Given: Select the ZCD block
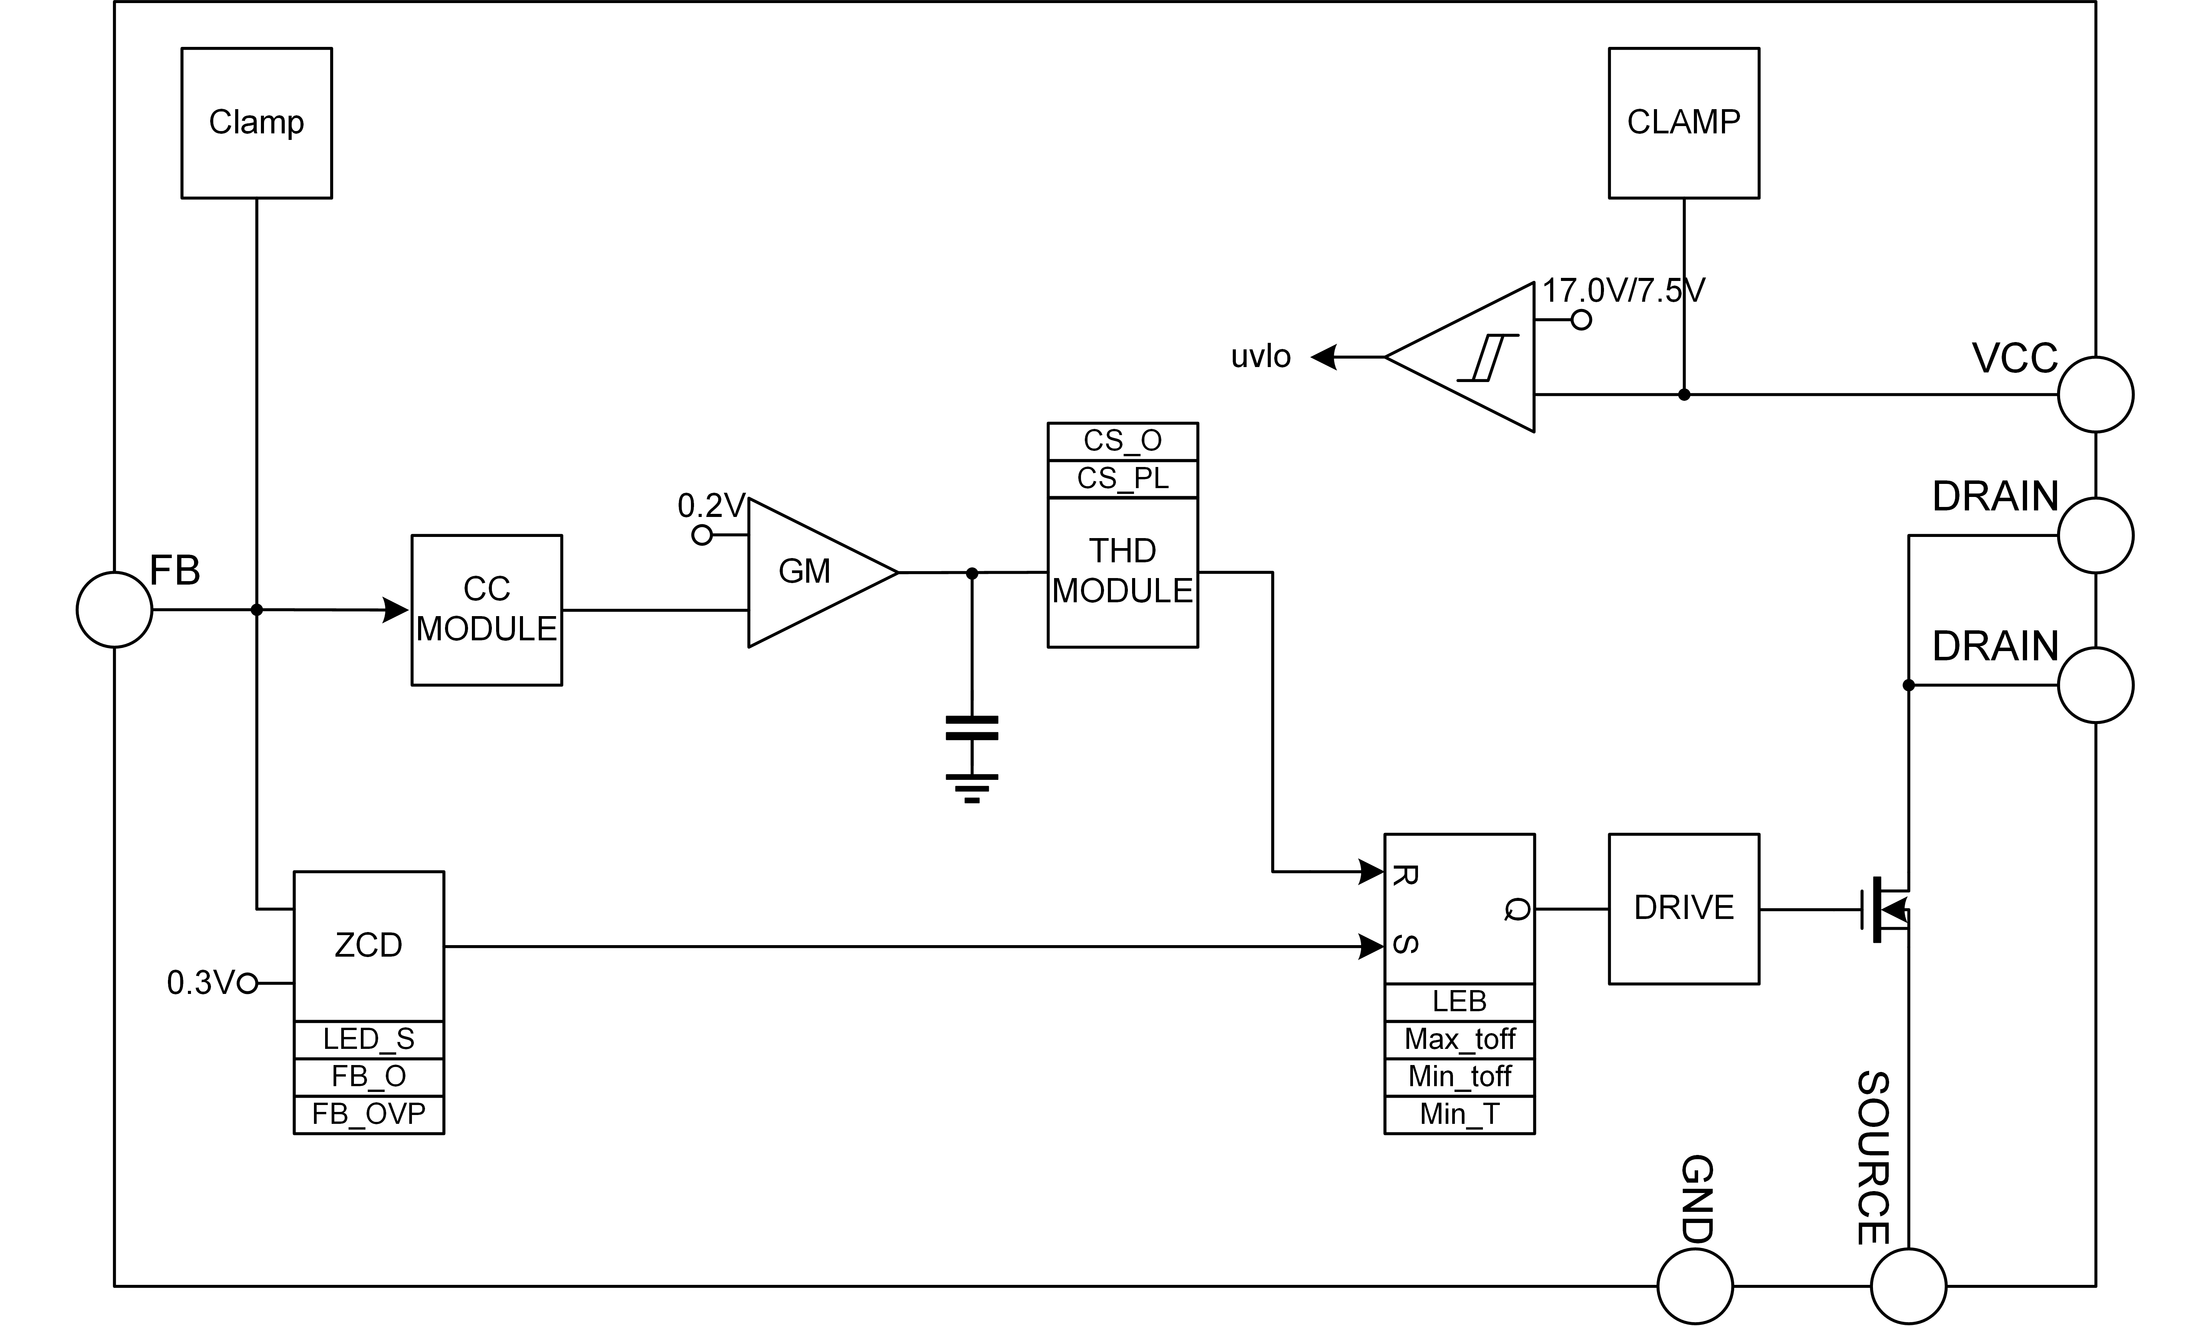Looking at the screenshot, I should point(369,946).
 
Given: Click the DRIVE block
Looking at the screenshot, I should point(1684,909).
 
